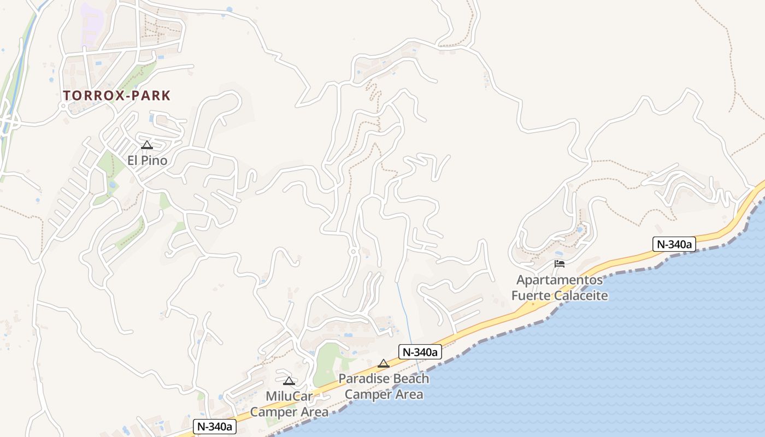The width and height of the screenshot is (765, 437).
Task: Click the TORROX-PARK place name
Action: (116, 96)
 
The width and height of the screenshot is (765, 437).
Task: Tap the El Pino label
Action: (147, 161)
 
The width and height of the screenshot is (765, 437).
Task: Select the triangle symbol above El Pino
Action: (146, 145)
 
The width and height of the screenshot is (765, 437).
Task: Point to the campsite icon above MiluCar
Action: (289, 381)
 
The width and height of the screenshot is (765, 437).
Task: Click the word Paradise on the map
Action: (365, 379)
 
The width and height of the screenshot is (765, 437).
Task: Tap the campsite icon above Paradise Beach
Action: (384, 363)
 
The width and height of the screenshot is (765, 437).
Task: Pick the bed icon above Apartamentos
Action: (559, 264)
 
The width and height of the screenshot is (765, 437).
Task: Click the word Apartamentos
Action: (560, 280)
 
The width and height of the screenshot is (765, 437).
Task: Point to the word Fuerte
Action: (531, 296)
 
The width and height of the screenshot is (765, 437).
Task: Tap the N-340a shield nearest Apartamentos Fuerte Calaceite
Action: (674, 244)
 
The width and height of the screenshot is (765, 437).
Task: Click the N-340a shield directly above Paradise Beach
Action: (419, 352)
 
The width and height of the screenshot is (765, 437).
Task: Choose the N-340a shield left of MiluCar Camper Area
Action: (215, 427)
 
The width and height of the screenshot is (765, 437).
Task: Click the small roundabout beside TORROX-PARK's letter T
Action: (64, 105)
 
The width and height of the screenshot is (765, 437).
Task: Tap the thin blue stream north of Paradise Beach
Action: (404, 311)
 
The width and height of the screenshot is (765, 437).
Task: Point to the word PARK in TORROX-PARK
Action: (150, 96)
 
